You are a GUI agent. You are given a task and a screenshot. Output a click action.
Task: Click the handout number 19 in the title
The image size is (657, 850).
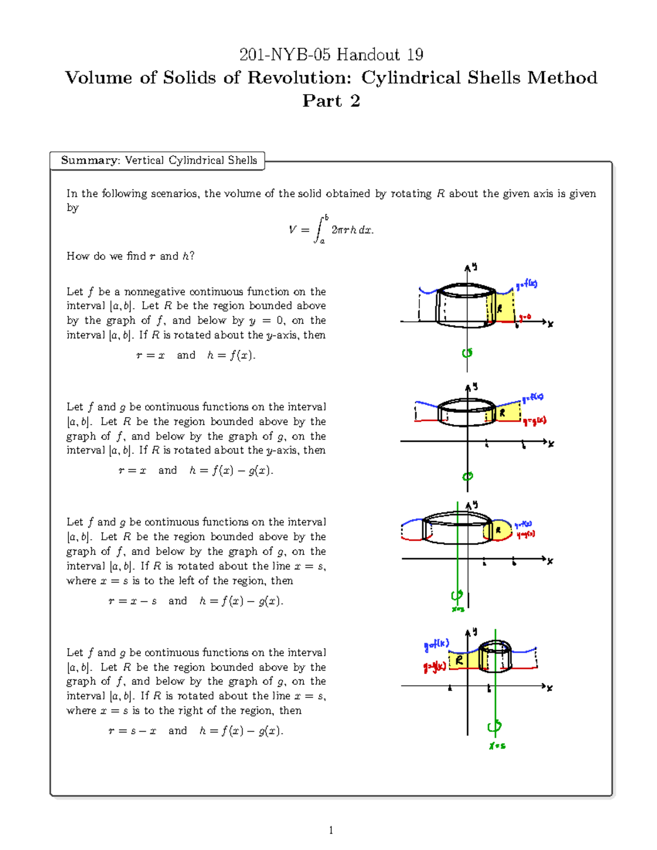[415, 55]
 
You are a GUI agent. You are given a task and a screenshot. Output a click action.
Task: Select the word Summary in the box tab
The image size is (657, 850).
[90, 160]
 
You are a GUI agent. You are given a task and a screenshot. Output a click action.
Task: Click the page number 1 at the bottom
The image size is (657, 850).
[331, 830]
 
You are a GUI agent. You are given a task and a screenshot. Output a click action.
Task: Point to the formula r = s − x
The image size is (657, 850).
[132, 731]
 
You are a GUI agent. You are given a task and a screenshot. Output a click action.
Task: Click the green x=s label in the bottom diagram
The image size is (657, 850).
[497, 745]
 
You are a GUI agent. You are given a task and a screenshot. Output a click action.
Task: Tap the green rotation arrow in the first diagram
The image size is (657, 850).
[467, 353]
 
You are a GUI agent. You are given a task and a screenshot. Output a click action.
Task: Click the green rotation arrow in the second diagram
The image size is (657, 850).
[467, 476]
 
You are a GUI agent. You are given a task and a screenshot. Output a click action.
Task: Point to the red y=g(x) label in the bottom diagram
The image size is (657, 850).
[434, 667]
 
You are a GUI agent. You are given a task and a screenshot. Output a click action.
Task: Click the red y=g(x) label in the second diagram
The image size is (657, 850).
[534, 421]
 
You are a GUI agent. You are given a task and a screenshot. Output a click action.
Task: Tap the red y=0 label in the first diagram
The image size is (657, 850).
[525, 317]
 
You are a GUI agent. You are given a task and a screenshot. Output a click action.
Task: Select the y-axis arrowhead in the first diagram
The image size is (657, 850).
[468, 268]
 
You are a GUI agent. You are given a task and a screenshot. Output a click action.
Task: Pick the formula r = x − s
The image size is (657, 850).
[132, 601]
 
